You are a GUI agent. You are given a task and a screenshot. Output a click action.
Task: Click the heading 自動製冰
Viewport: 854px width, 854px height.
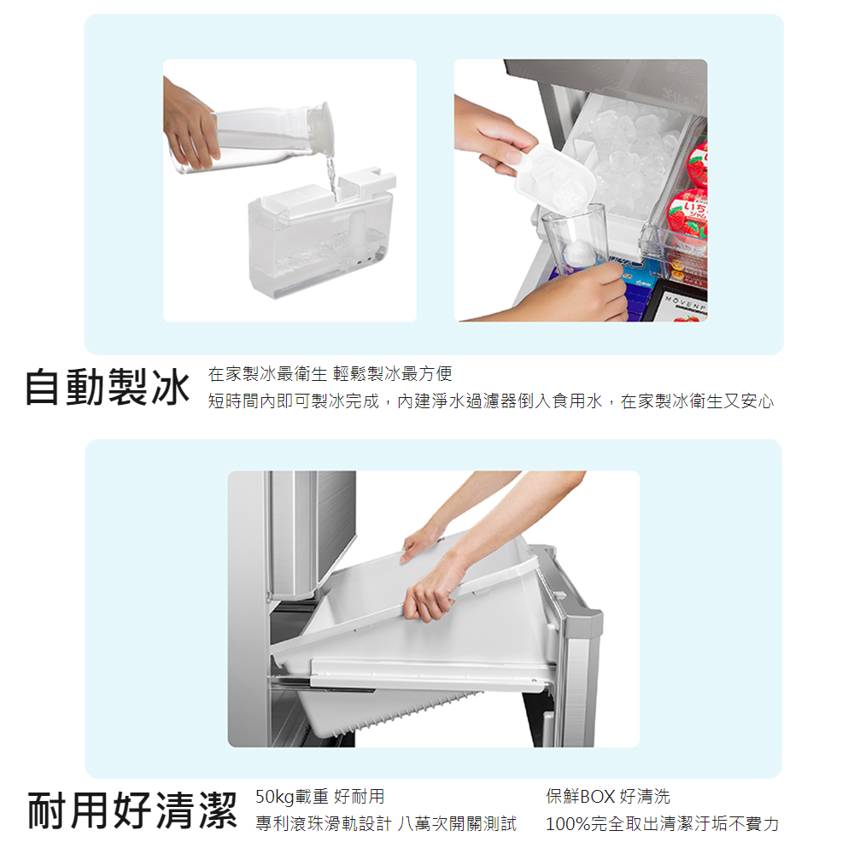108,387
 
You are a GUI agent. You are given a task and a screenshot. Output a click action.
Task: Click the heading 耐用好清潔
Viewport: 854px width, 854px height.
132,810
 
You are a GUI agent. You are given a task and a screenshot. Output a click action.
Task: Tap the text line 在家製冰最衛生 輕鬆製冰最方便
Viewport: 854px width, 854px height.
330,374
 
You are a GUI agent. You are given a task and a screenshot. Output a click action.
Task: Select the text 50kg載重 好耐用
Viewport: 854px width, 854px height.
319,796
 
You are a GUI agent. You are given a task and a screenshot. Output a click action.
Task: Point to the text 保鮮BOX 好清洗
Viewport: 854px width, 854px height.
608,796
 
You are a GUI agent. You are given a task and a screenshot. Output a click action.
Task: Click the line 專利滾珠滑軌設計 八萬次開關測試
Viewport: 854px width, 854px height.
386,823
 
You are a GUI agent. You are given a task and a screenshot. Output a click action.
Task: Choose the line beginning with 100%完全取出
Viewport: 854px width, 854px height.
663,823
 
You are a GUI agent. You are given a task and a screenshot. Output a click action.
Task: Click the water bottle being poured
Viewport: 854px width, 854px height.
256,138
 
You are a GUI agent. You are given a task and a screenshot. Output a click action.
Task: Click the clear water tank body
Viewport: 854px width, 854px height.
319,250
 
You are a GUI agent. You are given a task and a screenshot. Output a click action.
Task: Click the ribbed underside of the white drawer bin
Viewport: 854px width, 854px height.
392,713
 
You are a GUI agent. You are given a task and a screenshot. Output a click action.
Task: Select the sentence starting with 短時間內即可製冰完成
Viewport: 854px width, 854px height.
491,401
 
